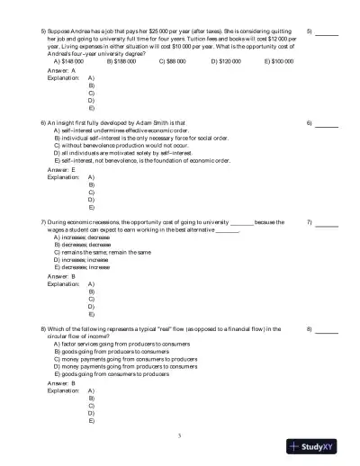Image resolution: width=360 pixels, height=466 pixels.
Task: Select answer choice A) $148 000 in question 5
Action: pos(68,61)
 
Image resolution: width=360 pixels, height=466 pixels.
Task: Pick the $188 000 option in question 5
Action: pos(121,61)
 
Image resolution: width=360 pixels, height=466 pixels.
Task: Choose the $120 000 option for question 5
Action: pos(226,61)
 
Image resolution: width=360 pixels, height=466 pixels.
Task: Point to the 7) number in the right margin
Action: pos(309,222)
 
